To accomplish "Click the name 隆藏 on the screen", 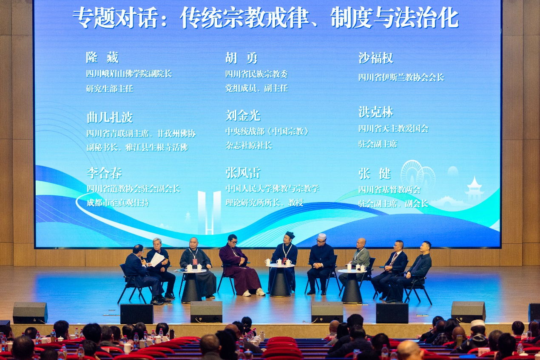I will coord(102,57).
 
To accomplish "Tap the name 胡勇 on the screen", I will coord(241,58).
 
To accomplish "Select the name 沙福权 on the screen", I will coord(375,58).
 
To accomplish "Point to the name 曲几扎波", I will coord(110,117).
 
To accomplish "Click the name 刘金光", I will coord(243,116).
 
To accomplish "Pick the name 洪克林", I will coord(375,112).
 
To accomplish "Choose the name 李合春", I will coord(104,173).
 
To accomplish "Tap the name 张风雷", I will coord(243,173).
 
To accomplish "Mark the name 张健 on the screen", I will coord(374,174).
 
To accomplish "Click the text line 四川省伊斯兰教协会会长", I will coord(401,77).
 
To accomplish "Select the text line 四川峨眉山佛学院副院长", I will coord(129,74).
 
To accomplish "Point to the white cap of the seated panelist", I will coord(322,236).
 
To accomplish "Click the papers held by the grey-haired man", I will coord(157,259).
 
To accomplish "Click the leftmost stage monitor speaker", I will coord(30,313).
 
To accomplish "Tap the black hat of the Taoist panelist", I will coord(290,235).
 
